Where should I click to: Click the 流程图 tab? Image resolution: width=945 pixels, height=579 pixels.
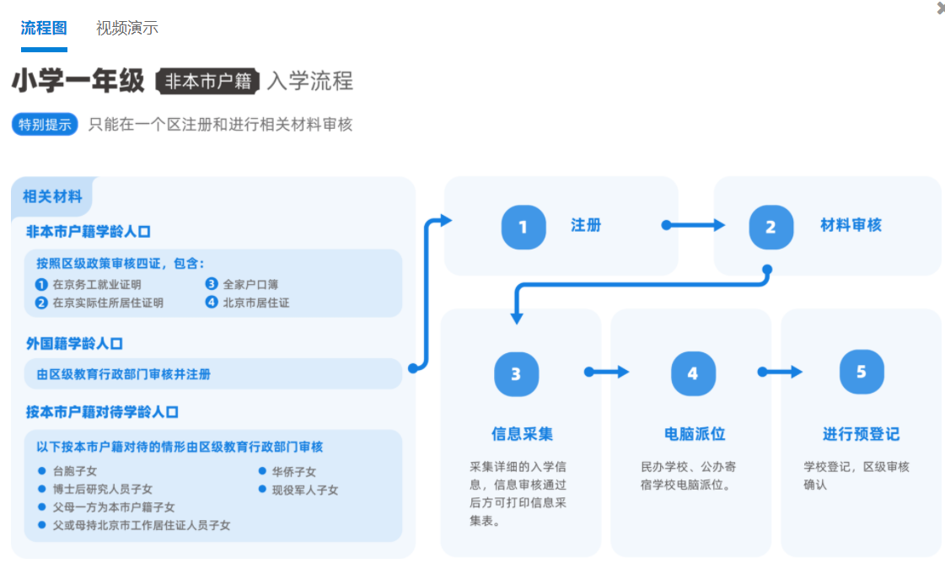click(44, 28)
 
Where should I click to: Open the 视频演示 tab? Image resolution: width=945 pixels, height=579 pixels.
click(127, 28)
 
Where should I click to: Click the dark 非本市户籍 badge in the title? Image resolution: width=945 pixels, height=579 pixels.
click(208, 81)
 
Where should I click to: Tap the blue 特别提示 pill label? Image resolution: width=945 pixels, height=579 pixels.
click(46, 125)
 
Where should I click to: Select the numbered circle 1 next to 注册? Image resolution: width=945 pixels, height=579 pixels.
click(523, 227)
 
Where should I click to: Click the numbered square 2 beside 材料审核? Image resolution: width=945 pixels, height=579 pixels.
click(770, 227)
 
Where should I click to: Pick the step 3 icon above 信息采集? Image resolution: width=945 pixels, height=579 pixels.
click(516, 373)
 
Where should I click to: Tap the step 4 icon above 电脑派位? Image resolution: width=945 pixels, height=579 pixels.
click(692, 373)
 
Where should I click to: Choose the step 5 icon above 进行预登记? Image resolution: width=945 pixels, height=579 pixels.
click(861, 372)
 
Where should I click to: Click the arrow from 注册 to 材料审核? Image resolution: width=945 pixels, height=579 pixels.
click(695, 225)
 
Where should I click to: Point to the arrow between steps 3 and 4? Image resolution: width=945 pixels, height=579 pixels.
click(608, 372)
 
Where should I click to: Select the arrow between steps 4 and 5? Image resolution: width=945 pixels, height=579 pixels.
click(780, 372)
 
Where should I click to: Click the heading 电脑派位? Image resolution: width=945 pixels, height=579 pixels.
click(695, 434)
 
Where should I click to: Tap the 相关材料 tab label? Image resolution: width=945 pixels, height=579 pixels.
click(52, 197)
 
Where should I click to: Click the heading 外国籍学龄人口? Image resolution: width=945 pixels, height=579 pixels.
click(75, 343)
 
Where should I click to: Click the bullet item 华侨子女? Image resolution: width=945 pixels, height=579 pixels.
click(293, 472)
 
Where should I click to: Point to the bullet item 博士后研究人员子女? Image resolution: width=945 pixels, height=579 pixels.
click(102, 489)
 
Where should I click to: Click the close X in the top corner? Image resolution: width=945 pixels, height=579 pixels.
click(940, 8)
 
